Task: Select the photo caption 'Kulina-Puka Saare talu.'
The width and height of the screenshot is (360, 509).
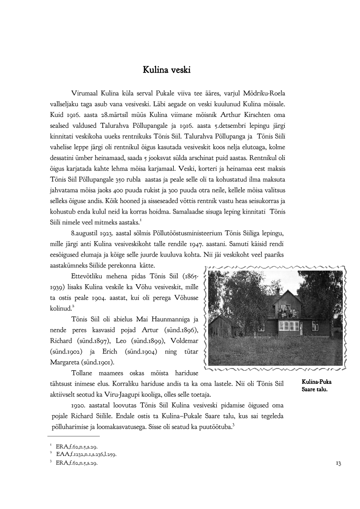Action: pyautogui.click(x=316, y=385)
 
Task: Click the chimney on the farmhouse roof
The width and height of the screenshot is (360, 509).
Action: pyautogui.click(x=277, y=292)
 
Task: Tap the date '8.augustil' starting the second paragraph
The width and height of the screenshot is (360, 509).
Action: pyautogui.click(x=86, y=233)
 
